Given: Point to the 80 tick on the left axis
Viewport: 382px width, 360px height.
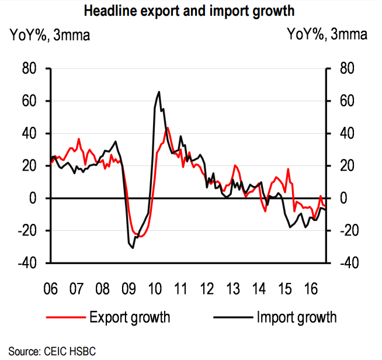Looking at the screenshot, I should (29, 69).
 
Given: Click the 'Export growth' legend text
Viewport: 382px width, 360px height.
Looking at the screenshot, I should (130, 317).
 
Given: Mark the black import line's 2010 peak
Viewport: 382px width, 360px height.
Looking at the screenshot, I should (159, 92).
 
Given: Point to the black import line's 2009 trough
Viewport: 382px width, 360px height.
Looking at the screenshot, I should (133, 248).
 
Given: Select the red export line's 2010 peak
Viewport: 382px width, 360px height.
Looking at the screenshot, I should (168, 127).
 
